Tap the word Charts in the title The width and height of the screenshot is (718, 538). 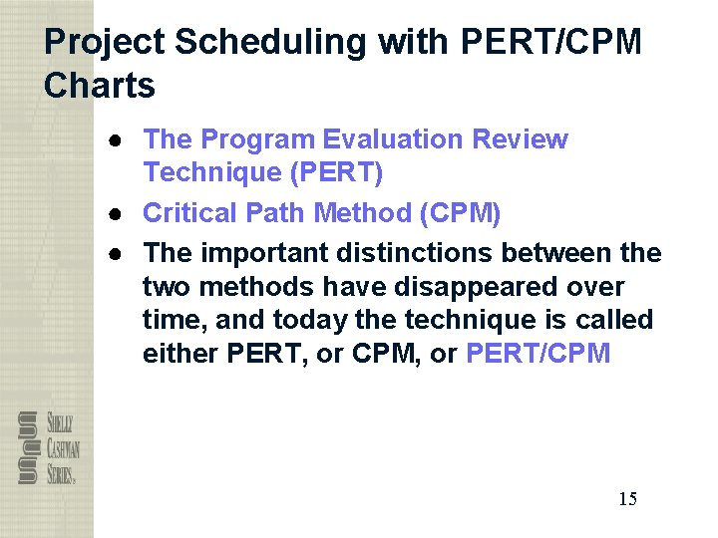100,86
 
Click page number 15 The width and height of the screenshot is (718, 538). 627,499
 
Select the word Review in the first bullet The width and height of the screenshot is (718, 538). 520,139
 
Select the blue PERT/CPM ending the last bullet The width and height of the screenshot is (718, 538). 538,354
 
